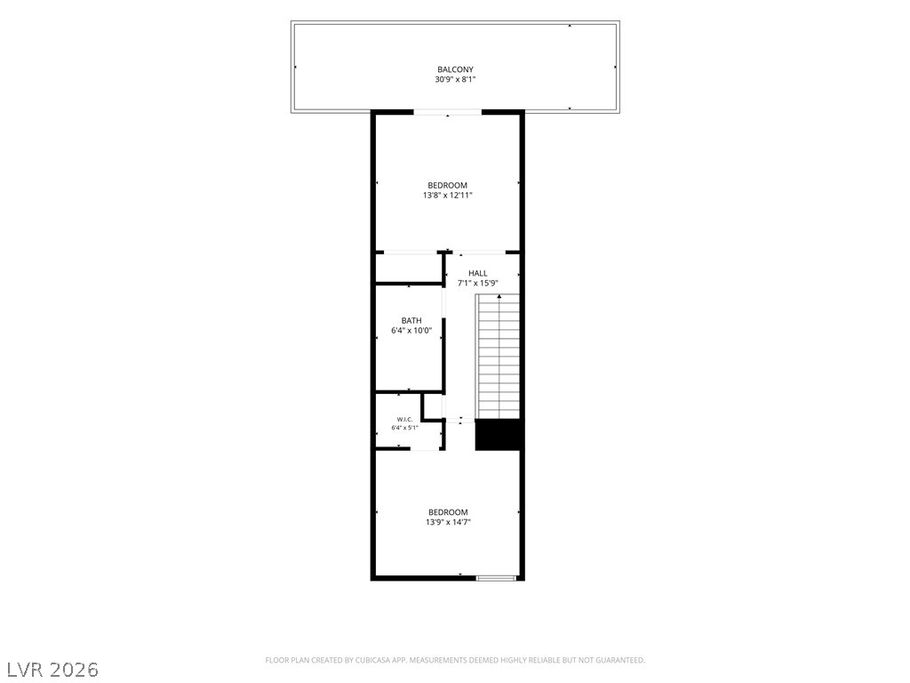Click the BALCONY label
pyautogui.click(x=455, y=69)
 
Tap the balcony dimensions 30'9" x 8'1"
pyautogui.click(x=455, y=79)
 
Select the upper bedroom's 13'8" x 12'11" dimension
pyautogui.click(x=448, y=195)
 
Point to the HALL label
pyautogui.click(x=477, y=273)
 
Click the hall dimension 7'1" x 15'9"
pyautogui.click(x=477, y=284)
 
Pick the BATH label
pyautogui.click(x=411, y=320)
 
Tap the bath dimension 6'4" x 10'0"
pyautogui.click(x=411, y=331)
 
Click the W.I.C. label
pyautogui.click(x=404, y=420)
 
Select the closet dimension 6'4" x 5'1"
pyautogui.click(x=404, y=428)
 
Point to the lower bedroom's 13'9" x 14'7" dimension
pyautogui.click(x=448, y=522)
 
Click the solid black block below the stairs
pyautogui.click(x=498, y=434)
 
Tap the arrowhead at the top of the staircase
pyautogui.click(x=499, y=297)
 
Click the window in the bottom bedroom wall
pyautogui.click(x=496, y=578)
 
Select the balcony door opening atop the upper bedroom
pyautogui.click(x=448, y=112)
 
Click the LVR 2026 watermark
pyautogui.click(x=50, y=670)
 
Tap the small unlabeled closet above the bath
pyautogui.click(x=409, y=269)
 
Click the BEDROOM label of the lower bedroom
pyautogui.click(x=448, y=512)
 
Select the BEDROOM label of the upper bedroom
pyautogui.click(x=448, y=185)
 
